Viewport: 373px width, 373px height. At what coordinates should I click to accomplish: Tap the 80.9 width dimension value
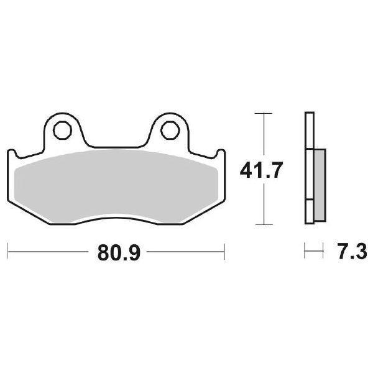point(115,253)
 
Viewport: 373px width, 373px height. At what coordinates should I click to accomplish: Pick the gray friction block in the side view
point(318,185)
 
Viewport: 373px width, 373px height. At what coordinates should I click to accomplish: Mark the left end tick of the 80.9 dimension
point(7,253)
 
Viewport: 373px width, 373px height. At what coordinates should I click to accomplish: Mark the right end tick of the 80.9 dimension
point(223,253)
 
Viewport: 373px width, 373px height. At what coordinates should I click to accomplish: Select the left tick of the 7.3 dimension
point(305,253)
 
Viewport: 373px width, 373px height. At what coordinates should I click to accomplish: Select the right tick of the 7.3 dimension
point(323,253)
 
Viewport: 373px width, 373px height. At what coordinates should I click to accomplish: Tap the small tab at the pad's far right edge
point(218,155)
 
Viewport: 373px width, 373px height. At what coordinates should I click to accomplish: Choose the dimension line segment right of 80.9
point(183,253)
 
